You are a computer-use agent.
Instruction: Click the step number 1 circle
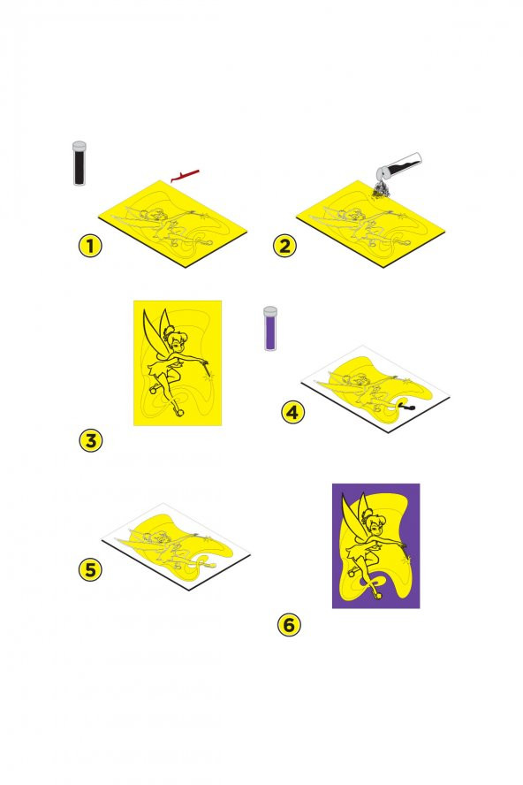pyautogui.click(x=89, y=247)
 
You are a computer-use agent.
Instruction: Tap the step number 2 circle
pyautogui.click(x=284, y=247)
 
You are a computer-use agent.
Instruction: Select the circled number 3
pyautogui.click(x=89, y=440)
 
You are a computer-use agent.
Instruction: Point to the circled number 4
pyautogui.click(x=293, y=411)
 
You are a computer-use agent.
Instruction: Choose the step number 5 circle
pyautogui.click(x=89, y=569)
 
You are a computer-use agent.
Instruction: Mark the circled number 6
pyautogui.click(x=288, y=625)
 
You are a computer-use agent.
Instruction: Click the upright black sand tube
pyautogui.click(x=80, y=164)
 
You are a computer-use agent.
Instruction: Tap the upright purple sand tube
pyautogui.click(x=271, y=329)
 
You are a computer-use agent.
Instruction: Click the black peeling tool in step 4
pyautogui.click(x=407, y=405)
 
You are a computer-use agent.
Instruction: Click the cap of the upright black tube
pyautogui.click(x=80, y=144)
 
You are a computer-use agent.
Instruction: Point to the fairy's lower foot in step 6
pyautogui.click(x=378, y=592)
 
